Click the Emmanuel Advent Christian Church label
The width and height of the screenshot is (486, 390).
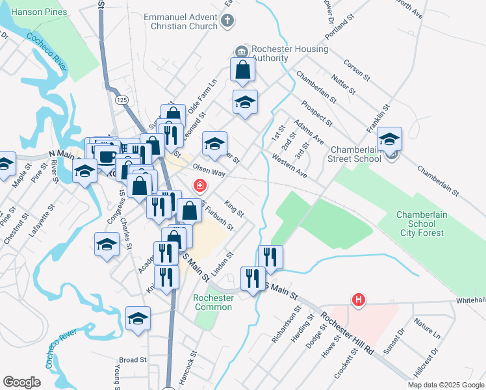tap(181, 21)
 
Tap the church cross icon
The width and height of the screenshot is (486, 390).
tap(227, 21)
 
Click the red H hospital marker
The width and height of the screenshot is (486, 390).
tap(357, 300)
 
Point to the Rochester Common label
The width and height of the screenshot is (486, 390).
tap(214, 302)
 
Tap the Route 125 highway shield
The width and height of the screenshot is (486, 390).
tap(121, 100)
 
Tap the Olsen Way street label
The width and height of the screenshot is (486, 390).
tap(209, 174)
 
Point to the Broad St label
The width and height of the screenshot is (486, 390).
tap(132, 359)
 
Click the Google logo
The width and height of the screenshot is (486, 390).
tap(22, 382)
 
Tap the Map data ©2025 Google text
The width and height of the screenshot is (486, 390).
tap(445, 385)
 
